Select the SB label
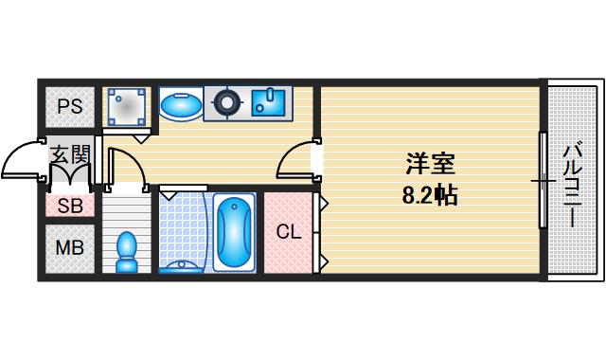click(68, 207)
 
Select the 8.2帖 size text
click(431, 196)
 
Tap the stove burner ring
click(227, 103)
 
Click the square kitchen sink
click(270, 102)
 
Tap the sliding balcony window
click(543, 179)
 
